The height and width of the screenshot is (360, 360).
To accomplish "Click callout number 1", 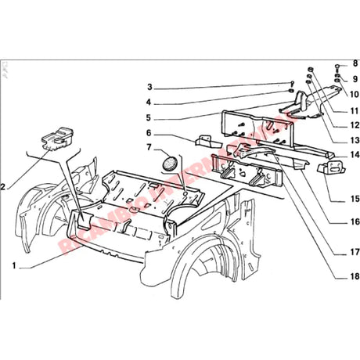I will [15, 265].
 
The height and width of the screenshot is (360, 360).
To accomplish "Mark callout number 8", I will [355, 63].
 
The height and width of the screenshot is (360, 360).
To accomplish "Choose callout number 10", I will [355, 94].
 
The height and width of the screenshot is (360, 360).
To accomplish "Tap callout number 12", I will [355, 125].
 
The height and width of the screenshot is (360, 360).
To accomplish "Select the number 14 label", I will [355, 155].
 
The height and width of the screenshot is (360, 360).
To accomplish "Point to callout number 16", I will [355, 221].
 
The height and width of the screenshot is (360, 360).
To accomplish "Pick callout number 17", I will [355, 252].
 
